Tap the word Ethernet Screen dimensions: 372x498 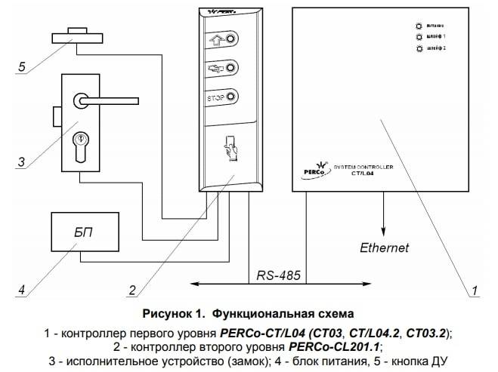tap(384, 247)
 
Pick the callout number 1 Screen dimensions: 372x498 tap(475, 290)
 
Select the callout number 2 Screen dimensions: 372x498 tap(131, 290)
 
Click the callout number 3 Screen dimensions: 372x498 tap(23, 161)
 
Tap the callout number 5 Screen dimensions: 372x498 tap(23, 66)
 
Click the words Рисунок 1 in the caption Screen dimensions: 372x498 tap(175, 312)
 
